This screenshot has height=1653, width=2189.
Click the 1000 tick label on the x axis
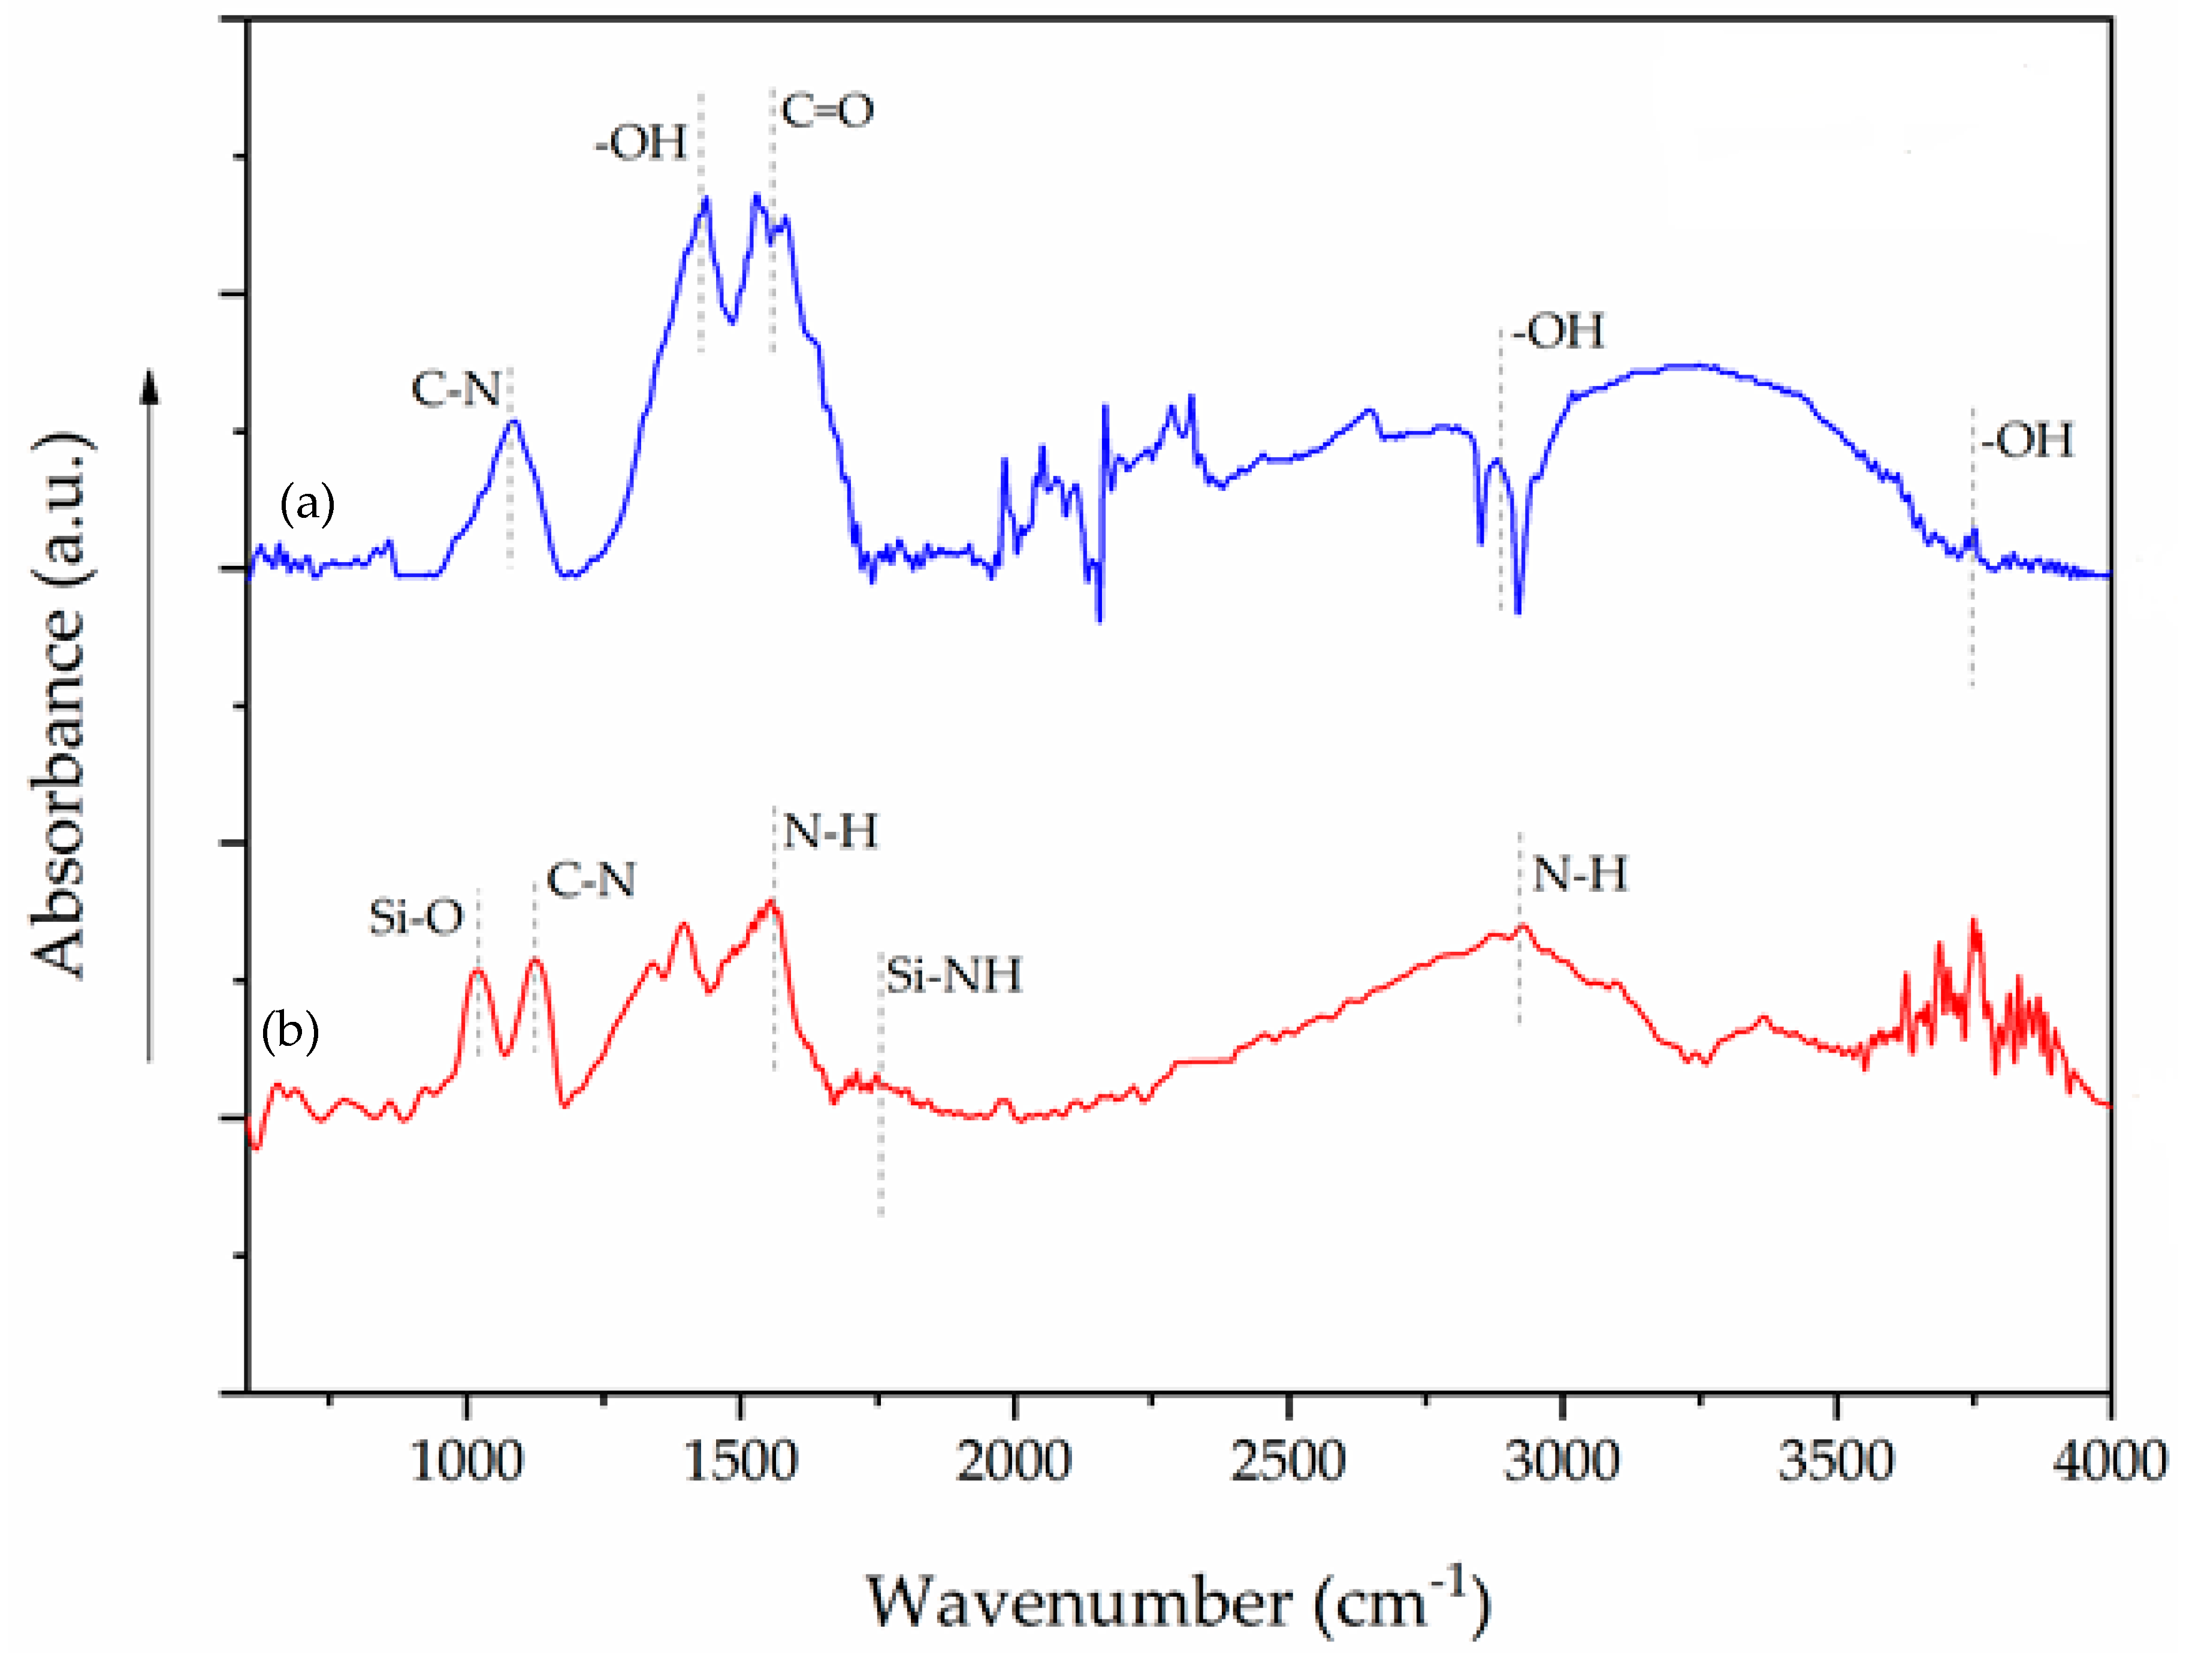[x=465, y=1462]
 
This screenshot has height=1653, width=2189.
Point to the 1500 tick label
[x=740, y=1462]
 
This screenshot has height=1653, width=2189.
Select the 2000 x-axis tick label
[x=1013, y=1462]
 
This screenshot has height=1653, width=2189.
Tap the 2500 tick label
[x=1288, y=1462]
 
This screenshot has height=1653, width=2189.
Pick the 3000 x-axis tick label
[x=1562, y=1462]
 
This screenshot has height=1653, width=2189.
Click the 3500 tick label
[x=1835, y=1462]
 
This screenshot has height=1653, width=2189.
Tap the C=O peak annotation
[x=828, y=111]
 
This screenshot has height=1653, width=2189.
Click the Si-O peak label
[x=416, y=919]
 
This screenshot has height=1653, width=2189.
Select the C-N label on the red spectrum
[x=591, y=880]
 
